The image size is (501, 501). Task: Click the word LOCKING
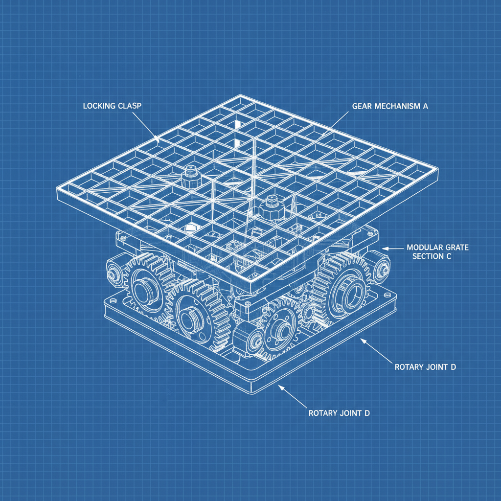pos(98,106)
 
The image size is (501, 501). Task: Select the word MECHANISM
pos(393,106)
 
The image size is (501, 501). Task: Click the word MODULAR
pos(424,248)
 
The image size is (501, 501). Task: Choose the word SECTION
pos(429,256)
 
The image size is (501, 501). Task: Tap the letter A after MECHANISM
pos(425,106)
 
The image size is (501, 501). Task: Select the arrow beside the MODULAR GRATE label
pos(386,249)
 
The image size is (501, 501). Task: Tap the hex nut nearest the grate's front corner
pos(268,207)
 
